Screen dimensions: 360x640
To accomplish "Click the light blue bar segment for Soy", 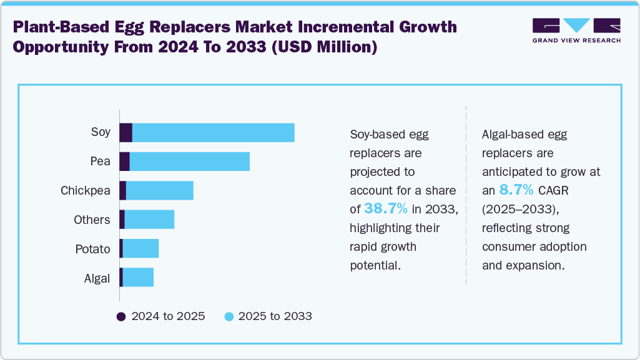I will (x=213, y=133).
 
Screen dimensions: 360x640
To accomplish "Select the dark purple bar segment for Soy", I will (x=126, y=133).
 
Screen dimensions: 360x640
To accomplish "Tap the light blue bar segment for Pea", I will (x=189, y=161).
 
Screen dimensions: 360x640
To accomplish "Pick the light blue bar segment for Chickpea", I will (x=159, y=190).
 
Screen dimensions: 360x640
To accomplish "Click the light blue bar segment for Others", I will (x=149, y=220).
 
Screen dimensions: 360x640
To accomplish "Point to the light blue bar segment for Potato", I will (x=140, y=249).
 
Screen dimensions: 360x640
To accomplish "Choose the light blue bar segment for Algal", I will (x=138, y=278).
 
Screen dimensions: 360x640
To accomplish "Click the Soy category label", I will (x=101, y=132).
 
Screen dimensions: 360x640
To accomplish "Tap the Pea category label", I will (x=100, y=162).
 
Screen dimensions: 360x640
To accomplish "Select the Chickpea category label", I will (x=86, y=191).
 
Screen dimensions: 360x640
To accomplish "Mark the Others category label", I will (x=91, y=220).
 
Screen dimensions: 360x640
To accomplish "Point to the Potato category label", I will (x=92, y=250).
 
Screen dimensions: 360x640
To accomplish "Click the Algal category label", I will (x=97, y=278).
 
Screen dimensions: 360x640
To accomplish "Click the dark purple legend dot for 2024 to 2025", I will (x=121, y=316).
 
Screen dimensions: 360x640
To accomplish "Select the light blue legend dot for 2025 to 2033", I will (x=229, y=316).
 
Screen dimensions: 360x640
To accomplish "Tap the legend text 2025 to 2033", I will (x=275, y=316).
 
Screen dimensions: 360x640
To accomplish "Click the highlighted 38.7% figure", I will (x=386, y=209).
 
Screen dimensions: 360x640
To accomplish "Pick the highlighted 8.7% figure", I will (x=516, y=190).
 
